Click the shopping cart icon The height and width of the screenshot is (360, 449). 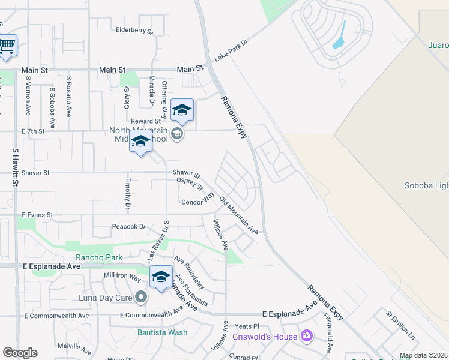coord(7,46)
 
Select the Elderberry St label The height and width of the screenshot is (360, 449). coord(134,29)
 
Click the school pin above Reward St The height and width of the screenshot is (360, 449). coord(182,110)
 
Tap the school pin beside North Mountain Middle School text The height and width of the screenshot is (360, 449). coord(140,142)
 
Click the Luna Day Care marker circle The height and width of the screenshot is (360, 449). coord(141,297)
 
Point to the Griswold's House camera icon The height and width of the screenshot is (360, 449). coord(307,335)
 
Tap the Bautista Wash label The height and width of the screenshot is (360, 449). coord(161,332)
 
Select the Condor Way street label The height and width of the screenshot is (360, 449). coord(198,199)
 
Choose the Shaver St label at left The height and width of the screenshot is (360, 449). coord(35,173)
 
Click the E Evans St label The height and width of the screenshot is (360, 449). coord(37,214)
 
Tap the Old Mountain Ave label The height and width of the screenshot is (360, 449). coord(238,215)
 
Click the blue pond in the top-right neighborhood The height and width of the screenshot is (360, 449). coord(339,35)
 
